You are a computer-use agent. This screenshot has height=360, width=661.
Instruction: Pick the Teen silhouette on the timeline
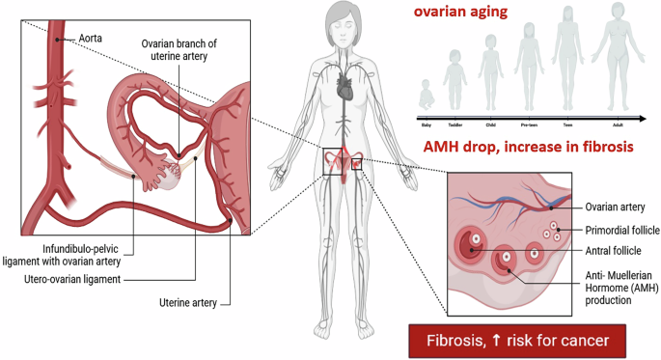(x=565, y=65)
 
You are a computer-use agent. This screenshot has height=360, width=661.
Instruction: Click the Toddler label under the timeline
(x=455, y=124)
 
